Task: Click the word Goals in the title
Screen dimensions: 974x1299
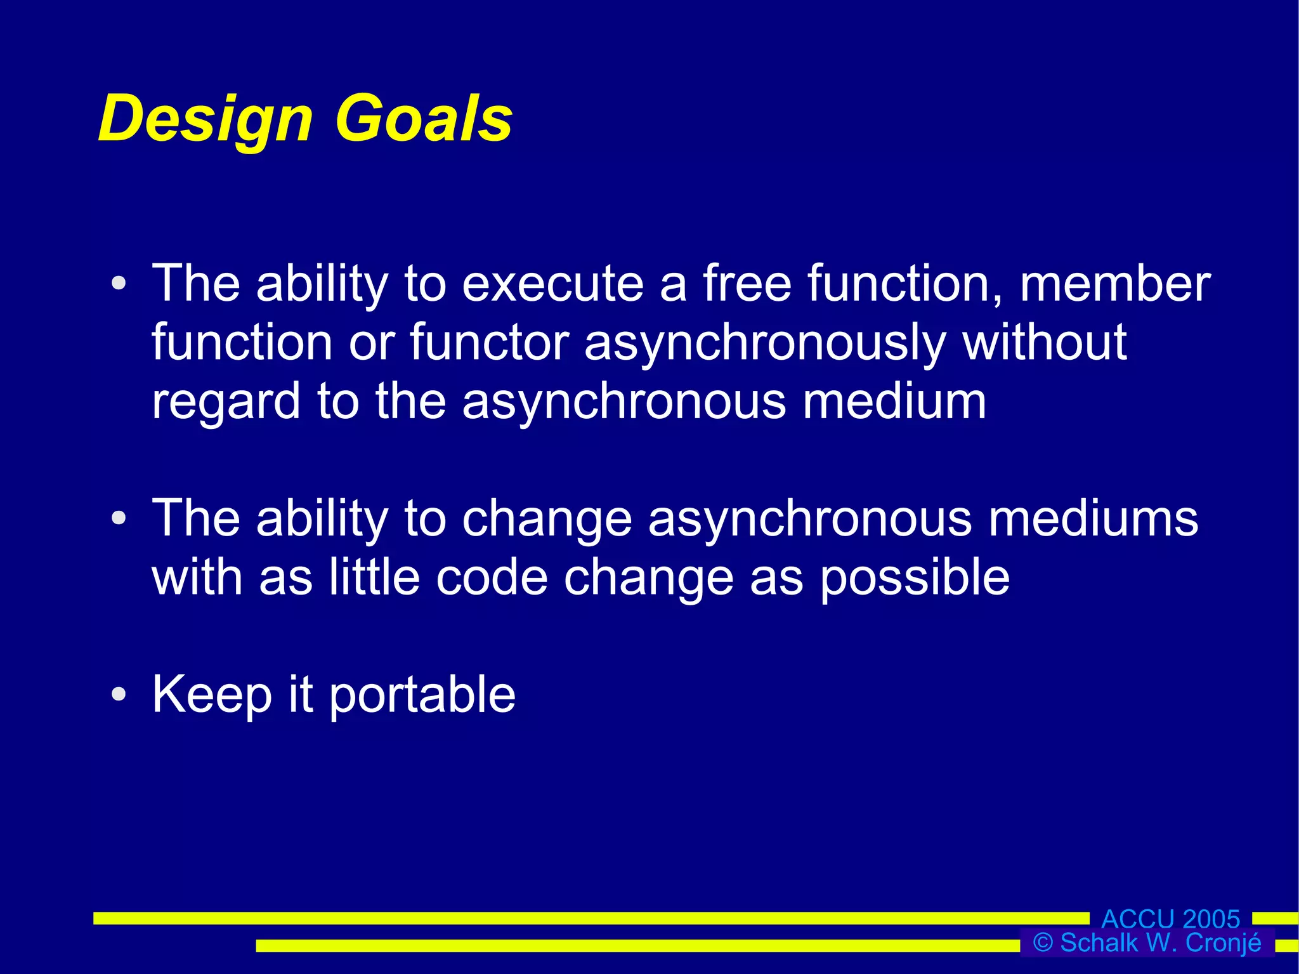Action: (424, 118)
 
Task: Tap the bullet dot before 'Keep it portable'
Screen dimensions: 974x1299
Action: (119, 694)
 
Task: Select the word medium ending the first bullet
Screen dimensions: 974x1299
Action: (894, 401)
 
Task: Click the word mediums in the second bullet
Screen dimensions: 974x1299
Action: (1093, 518)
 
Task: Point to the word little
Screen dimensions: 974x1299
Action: (374, 577)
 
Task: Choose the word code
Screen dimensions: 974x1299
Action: (492, 577)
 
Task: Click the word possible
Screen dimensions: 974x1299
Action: (915, 578)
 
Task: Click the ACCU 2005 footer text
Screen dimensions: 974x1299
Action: (1170, 919)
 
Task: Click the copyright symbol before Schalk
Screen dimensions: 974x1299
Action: (1043, 942)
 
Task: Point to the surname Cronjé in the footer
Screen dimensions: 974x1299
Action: (1224, 942)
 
